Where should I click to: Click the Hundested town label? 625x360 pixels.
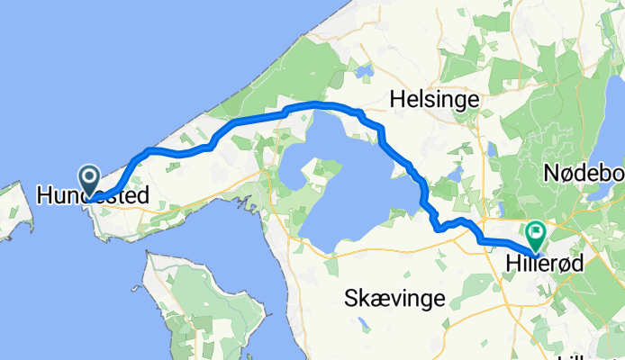click(x=86, y=193)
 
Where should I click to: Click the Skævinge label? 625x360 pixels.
click(x=394, y=300)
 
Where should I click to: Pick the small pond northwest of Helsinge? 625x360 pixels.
click(x=364, y=69)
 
